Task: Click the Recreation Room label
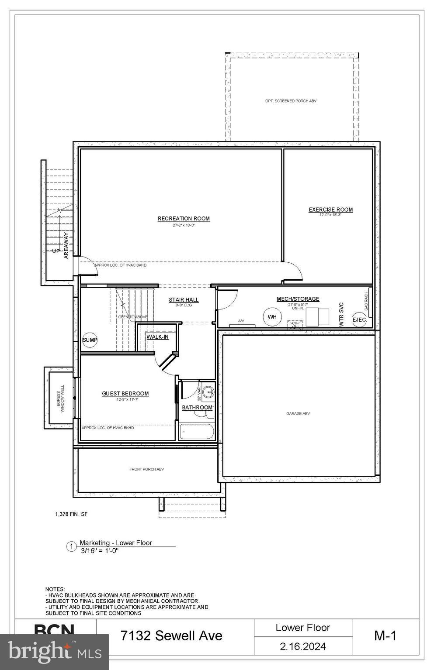[x=184, y=219]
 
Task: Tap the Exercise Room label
[x=330, y=210]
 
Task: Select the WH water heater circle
[x=272, y=317]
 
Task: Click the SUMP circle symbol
[x=90, y=340]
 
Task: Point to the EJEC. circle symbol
[x=359, y=320]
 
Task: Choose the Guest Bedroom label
[x=125, y=394]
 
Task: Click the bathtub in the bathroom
[x=197, y=432]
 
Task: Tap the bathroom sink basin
[x=210, y=392]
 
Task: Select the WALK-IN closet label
[x=157, y=337]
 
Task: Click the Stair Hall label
[x=184, y=300]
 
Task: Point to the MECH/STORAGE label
[x=298, y=299]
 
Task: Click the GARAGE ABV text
[x=298, y=413]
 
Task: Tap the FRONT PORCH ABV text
[x=146, y=469]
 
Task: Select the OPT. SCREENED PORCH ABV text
[x=291, y=101]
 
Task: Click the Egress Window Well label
[x=60, y=398]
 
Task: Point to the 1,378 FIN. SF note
[x=71, y=514]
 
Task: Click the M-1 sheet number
[x=385, y=636]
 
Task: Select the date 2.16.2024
[x=303, y=646]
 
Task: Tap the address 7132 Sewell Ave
[x=172, y=636]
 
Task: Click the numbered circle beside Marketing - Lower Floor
[x=71, y=546]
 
